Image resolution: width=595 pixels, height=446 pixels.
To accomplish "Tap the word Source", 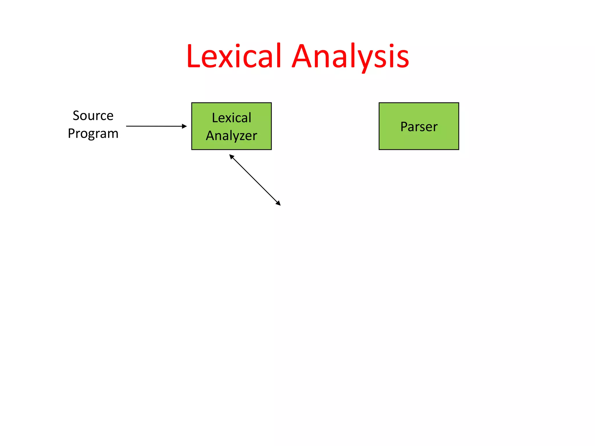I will (93, 116).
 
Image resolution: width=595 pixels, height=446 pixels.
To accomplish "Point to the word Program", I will (93, 134).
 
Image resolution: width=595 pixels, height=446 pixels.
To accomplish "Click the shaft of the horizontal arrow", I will (154, 126).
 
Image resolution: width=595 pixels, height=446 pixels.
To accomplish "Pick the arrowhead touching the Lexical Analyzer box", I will (184, 126).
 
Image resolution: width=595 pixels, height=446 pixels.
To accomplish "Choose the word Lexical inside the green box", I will (232, 118).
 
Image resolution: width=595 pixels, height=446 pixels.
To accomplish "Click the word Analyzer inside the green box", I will (232, 136).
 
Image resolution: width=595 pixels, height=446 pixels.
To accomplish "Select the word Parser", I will (419, 127).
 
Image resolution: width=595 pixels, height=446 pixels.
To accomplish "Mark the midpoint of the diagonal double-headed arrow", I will (255, 180).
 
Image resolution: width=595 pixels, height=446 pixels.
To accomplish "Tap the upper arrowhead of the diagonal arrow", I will (232, 157).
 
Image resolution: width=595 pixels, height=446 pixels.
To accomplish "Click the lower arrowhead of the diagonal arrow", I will (278, 203).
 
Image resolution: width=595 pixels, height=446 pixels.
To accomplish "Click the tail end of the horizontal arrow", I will (127, 126).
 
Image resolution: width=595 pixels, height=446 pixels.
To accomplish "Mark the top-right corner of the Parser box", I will (458, 103).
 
